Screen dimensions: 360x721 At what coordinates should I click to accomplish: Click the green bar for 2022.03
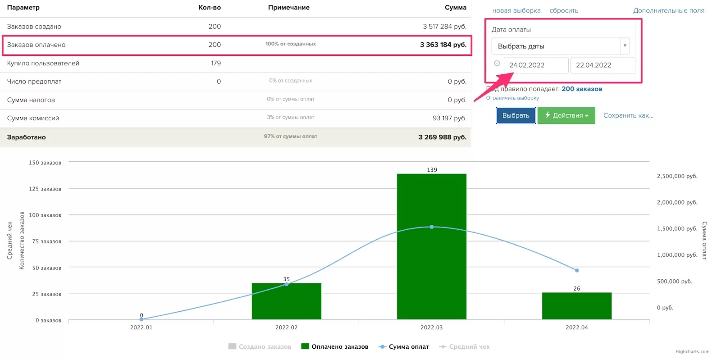[x=431, y=270]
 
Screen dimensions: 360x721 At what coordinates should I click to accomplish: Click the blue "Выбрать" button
[x=516, y=115]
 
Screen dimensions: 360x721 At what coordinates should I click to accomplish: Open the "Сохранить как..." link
[x=628, y=115]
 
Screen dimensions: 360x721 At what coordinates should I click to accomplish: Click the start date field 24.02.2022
[x=535, y=65]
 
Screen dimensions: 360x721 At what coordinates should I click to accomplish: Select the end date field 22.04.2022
[x=602, y=65]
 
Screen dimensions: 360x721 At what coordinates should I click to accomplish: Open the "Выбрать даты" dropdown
[x=560, y=46]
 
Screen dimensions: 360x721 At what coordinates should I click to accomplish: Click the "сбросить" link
[x=564, y=10]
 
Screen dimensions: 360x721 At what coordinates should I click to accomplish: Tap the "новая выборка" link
[x=516, y=10]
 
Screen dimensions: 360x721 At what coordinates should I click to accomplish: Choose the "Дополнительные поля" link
[x=669, y=10]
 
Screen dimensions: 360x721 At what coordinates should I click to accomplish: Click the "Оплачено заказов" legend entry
[x=335, y=346]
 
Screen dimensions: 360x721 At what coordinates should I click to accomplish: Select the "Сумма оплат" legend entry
[x=404, y=346]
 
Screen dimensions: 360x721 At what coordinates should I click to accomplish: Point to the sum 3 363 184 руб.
[x=443, y=45]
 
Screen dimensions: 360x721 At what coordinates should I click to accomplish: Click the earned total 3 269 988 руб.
[x=442, y=137]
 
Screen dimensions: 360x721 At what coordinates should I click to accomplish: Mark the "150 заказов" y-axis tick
[x=45, y=163]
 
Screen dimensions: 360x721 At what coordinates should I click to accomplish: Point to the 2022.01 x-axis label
[x=141, y=328]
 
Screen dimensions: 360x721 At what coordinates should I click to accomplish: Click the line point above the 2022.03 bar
[x=432, y=227]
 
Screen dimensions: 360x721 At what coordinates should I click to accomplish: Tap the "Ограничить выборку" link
[x=512, y=98]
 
